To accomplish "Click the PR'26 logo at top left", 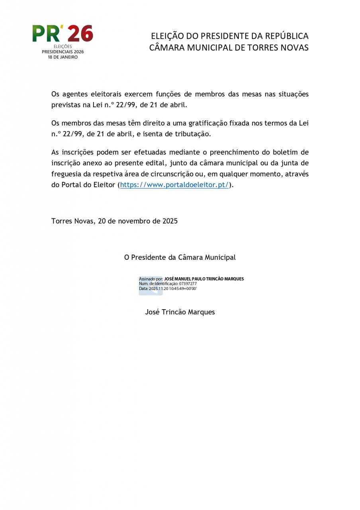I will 63,34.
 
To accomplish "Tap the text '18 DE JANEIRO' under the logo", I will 63,57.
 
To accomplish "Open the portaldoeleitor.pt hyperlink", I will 174,185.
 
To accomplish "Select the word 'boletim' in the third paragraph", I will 295,152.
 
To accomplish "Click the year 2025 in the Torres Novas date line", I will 170,221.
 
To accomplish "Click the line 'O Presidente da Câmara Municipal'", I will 180,257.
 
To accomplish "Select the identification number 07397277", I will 188,284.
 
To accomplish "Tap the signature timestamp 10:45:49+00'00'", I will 183,288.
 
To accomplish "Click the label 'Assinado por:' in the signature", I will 151,279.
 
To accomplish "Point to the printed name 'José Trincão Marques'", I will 180,312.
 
